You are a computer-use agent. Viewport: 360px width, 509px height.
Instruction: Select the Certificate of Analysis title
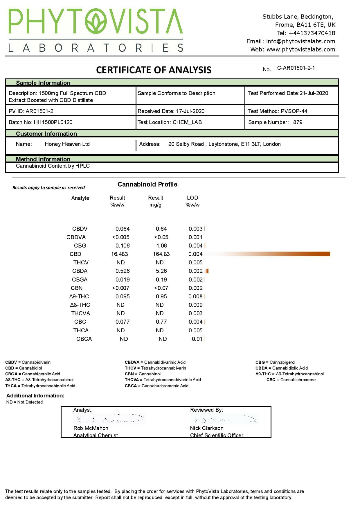154,70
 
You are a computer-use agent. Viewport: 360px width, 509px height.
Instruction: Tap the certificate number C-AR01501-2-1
296,68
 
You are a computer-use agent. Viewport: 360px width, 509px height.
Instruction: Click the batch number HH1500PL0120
53,122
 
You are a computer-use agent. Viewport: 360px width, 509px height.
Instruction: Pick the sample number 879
298,122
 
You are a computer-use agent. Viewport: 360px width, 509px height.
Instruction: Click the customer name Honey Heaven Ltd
67,144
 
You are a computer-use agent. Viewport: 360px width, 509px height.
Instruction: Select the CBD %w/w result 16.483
119,254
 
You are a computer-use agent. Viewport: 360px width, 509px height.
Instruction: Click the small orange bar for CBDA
207,271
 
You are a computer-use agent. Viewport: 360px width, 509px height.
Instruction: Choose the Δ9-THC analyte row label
79,297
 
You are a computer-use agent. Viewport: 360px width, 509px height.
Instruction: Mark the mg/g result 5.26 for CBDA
161,271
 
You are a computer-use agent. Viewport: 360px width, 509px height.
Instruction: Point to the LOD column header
192,198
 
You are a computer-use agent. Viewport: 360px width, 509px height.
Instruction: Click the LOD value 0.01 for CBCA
197,339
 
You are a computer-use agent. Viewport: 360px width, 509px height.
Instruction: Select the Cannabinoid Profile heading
147,184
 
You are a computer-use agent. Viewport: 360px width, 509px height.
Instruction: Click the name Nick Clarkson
207,428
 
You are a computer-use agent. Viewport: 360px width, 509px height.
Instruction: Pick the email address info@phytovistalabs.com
300,41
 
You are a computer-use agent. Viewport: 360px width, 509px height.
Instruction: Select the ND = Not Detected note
24,402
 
